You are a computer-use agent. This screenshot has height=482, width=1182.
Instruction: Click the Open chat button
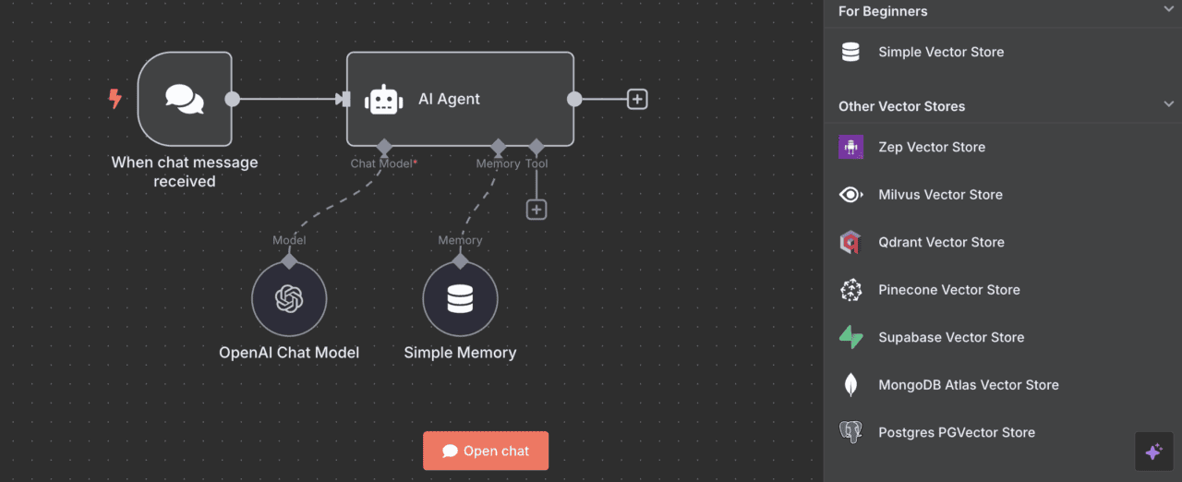(486, 451)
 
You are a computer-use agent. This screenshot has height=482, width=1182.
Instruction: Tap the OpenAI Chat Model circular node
(289, 298)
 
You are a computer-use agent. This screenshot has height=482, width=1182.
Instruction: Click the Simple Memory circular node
(460, 298)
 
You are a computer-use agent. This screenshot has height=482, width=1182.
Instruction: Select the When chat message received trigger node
(185, 99)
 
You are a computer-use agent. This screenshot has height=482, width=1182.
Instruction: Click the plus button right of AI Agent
(637, 99)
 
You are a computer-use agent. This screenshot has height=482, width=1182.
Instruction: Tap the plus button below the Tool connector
(537, 210)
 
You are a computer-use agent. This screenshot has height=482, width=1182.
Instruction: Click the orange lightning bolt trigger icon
(115, 99)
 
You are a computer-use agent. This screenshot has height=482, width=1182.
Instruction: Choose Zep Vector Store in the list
(932, 147)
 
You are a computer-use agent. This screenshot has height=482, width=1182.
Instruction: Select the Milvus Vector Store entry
(940, 195)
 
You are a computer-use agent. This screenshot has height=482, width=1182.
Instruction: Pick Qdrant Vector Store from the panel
(941, 242)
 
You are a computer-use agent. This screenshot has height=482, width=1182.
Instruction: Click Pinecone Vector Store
(949, 290)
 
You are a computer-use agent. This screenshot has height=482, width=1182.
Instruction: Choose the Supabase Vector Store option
(951, 337)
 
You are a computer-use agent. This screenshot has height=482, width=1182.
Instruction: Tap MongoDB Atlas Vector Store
(968, 385)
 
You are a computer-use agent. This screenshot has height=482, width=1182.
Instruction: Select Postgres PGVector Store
(957, 432)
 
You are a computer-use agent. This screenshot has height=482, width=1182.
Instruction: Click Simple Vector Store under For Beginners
(941, 52)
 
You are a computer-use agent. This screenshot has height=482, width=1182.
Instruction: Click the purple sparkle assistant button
(1153, 452)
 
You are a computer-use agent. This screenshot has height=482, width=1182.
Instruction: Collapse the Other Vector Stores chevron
(1169, 105)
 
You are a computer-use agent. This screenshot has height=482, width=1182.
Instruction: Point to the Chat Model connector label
(382, 163)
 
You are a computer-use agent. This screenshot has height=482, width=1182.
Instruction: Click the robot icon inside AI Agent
(384, 100)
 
